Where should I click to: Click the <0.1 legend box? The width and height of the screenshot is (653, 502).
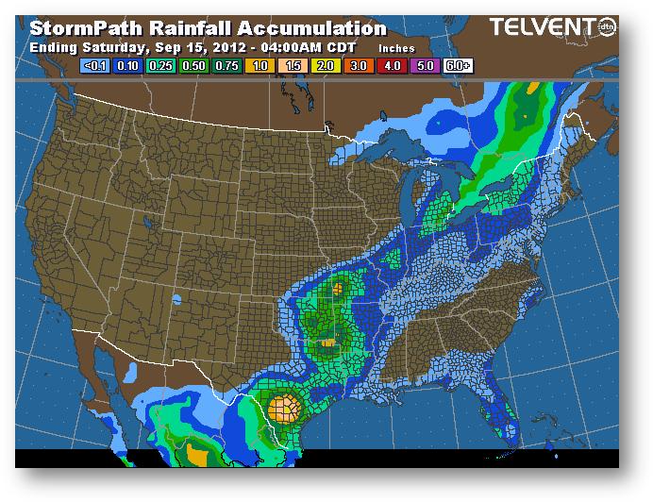click(95, 67)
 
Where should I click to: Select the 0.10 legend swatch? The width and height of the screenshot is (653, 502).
click(126, 67)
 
